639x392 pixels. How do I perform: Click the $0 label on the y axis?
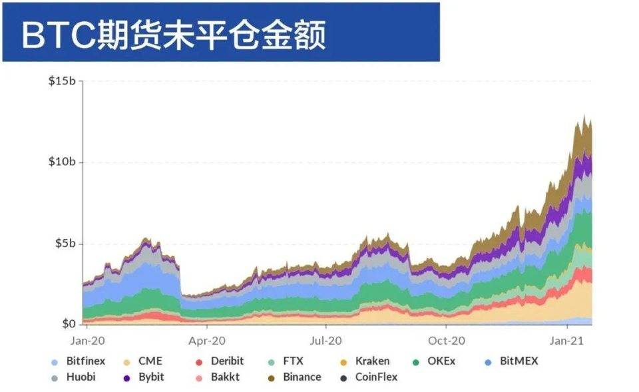(69, 324)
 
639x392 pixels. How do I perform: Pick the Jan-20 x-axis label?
(87, 340)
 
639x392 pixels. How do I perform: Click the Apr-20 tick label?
(207, 340)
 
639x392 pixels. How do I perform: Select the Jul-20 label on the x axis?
(326, 340)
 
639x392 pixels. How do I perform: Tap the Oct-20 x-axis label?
(446, 340)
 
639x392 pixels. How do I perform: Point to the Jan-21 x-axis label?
(566, 340)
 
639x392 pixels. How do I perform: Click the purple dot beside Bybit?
(126, 378)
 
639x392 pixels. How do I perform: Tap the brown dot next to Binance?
(270, 378)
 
